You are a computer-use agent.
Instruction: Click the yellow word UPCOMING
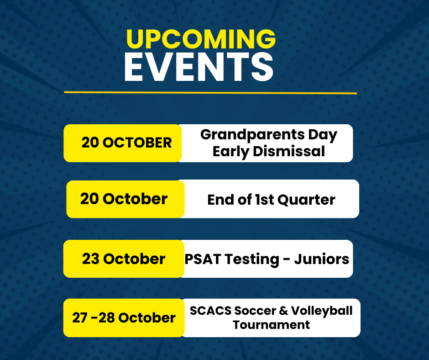click(x=201, y=39)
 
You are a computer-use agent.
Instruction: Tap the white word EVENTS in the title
click(x=199, y=67)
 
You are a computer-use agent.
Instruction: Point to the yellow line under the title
click(x=210, y=93)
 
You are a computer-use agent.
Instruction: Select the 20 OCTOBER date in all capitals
click(x=127, y=143)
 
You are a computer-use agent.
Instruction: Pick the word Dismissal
click(x=289, y=151)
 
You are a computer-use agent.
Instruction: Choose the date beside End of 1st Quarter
click(x=124, y=199)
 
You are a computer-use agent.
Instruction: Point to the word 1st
click(x=264, y=200)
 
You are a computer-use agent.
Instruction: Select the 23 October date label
click(x=124, y=259)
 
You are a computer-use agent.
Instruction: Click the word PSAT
click(x=203, y=259)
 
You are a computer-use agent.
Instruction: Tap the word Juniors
click(x=322, y=259)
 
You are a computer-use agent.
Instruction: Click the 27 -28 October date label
click(x=124, y=318)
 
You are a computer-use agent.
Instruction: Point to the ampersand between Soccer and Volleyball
click(x=283, y=311)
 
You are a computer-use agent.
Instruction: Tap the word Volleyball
click(x=322, y=311)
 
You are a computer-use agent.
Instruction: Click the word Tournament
click(x=271, y=325)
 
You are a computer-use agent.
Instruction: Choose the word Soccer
click(x=255, y=311)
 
